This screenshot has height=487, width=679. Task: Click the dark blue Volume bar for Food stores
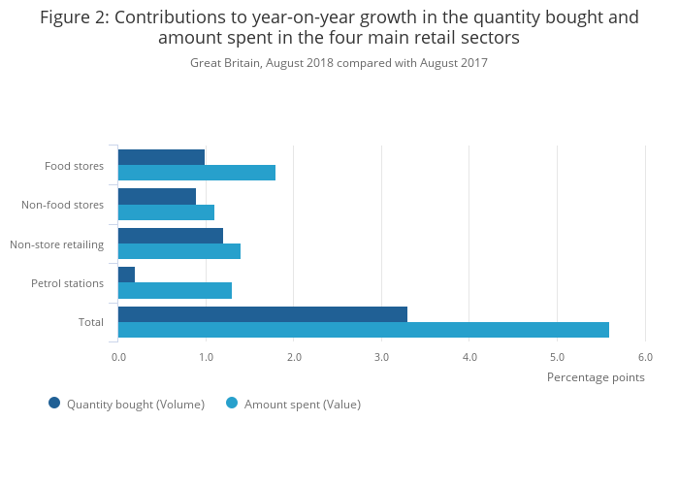[x=161, y=157]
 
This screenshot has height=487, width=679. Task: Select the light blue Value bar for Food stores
[x=197, y=173]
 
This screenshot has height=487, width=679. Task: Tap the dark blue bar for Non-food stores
[x=157, y=196]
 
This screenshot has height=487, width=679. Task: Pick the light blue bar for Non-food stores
[x=166, y=212]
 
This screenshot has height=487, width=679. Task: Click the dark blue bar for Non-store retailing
[x=171, y=236]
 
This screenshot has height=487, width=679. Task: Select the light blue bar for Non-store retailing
[x=179, y=251]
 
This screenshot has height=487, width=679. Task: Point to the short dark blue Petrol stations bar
[x=127, y=275]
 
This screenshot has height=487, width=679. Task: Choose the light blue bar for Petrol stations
[x=175, y=290]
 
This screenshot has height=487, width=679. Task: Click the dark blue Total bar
[x=263, y=314]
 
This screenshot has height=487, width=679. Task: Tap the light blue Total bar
[x=364, y=330]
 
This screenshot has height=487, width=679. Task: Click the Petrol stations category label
[x=67, y=283]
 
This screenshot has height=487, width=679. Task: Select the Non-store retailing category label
[x=56, y=244]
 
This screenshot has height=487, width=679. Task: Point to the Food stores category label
[x=74, y=166]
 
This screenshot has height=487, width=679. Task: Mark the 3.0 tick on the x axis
[x=381, y=357]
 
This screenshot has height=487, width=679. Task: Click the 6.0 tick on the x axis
[x=645, y=357]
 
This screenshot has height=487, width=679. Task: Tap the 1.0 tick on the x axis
[x=206, y=357]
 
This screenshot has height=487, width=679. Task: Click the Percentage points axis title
[x=596, y=377]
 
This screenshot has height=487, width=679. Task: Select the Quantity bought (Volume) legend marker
[x=54, y=403]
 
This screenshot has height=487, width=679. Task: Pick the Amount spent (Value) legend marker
[x=232, y=403]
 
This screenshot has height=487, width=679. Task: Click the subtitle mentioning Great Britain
[x=339, y=63]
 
